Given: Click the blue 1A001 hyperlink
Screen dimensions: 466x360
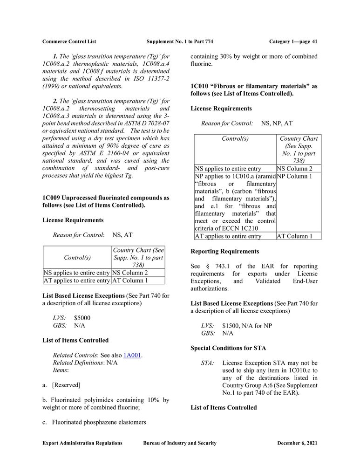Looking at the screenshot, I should click(x=132, y=355).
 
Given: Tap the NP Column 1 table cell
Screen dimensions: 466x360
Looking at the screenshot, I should click(x=294, y=177).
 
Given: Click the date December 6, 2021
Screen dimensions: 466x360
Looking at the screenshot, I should click(x=297, y=443).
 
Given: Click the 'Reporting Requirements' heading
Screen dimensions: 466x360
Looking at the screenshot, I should click(x=225, y=252).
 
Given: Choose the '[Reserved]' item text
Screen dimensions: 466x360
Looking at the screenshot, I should click(x=66, y=385).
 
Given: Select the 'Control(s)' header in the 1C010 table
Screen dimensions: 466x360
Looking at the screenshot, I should click(x=235, y=138).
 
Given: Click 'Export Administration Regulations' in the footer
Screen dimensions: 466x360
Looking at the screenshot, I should click(x=82, y=443).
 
